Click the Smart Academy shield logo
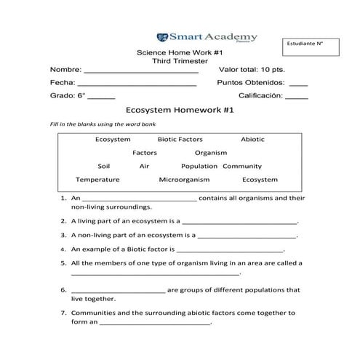pyautogui.click(x=161, y=35)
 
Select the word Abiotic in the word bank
pyautogui.click(x=252, y=138)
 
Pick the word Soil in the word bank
pyautogui.click(x=104, y=166)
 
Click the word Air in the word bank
pyautogui.click(x=144, y=166)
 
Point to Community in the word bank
pyautogui.click(x=242, y=166)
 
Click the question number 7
pyautogui.click(x=64, y=313)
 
